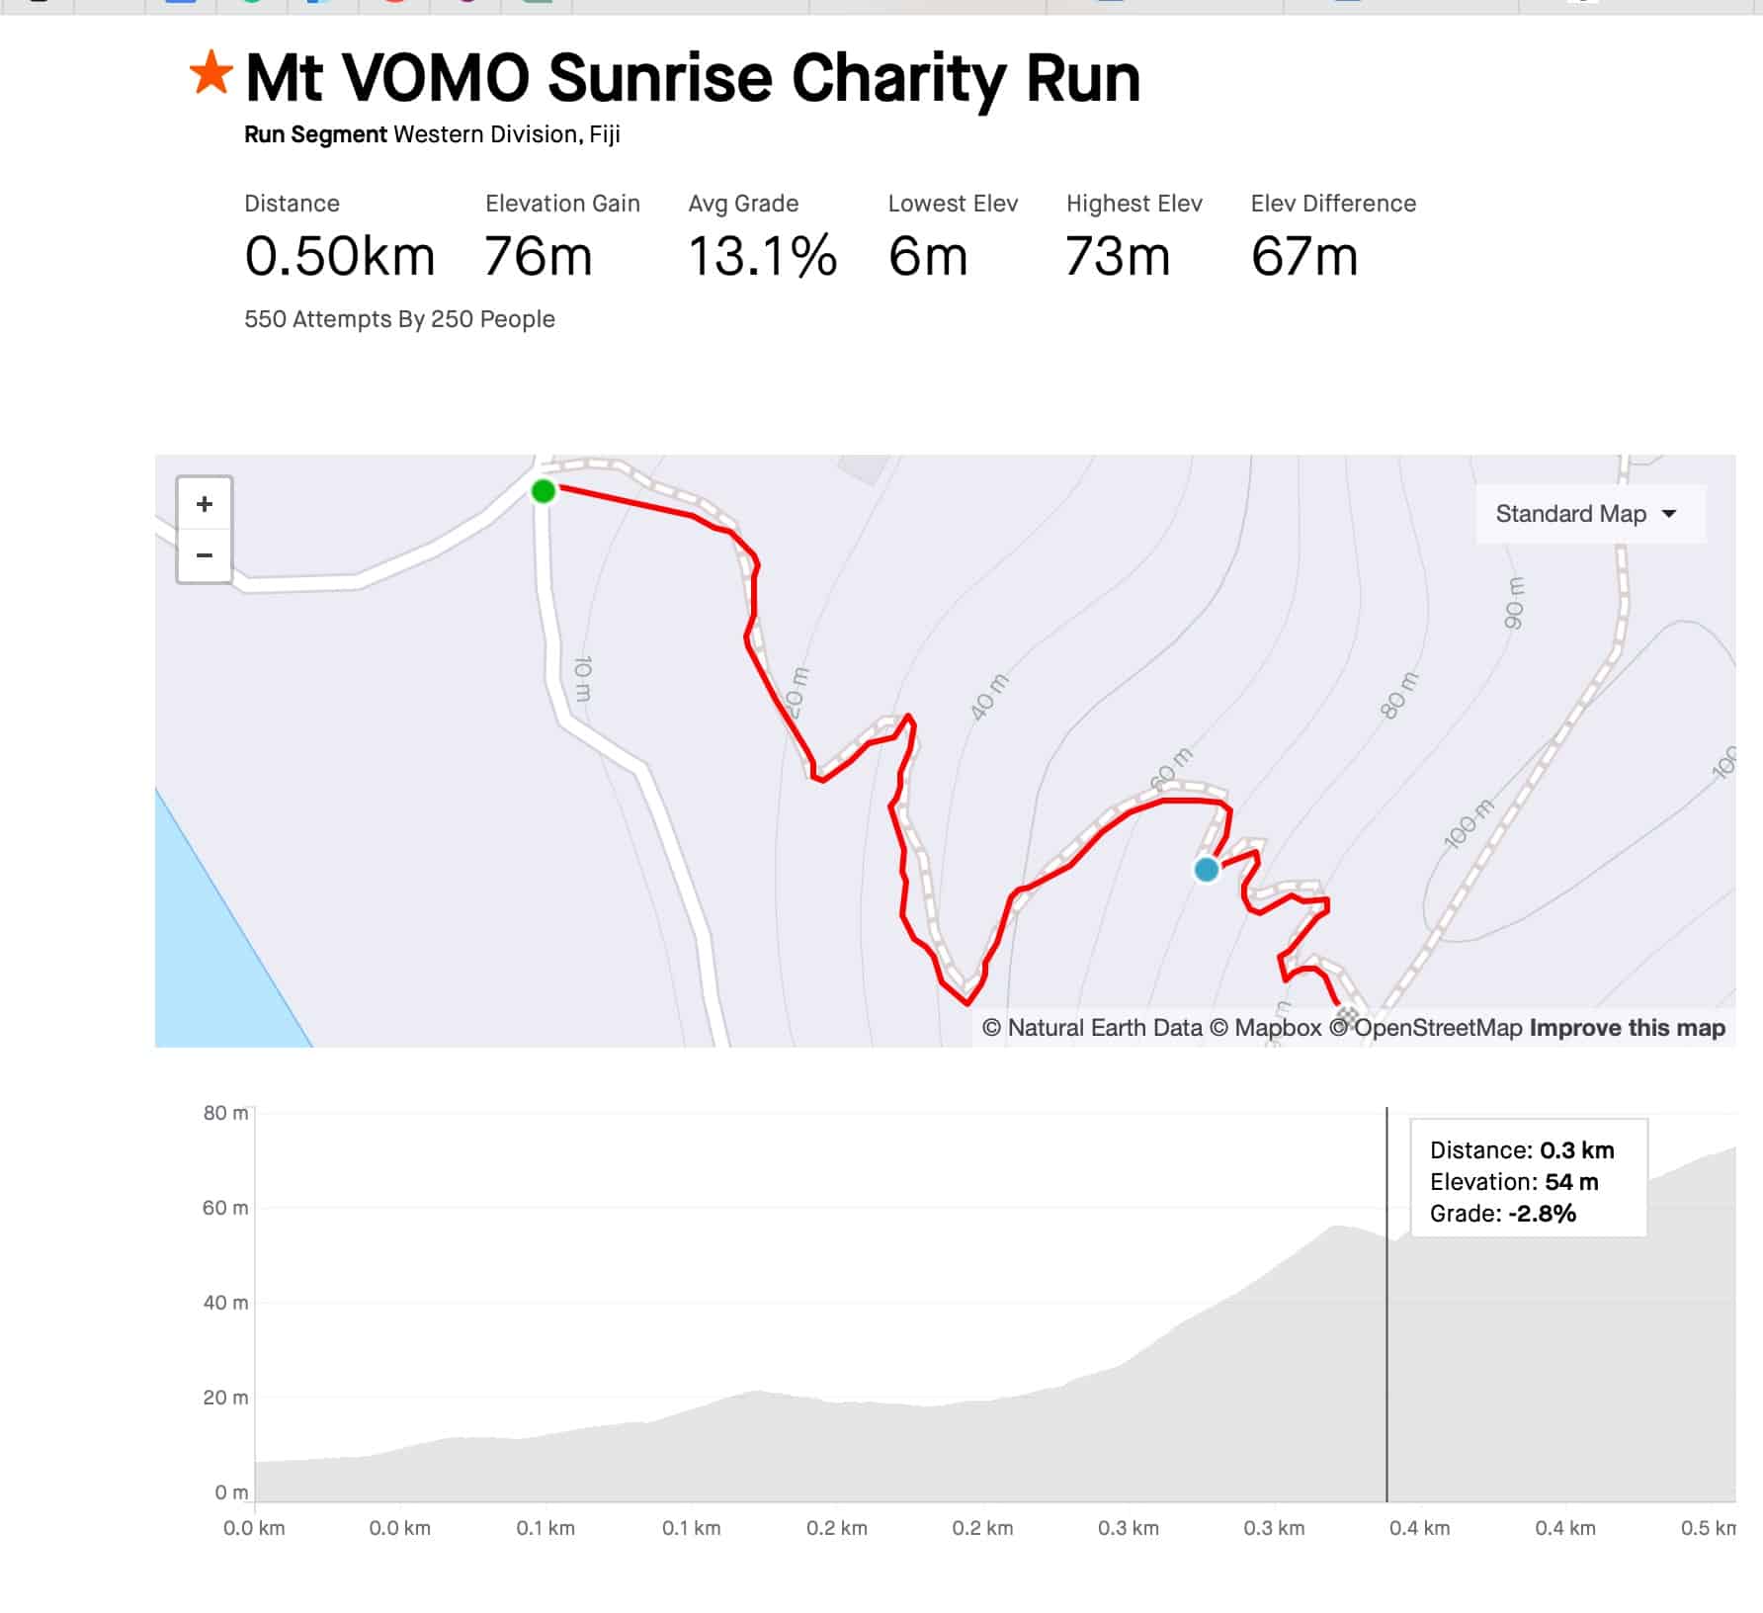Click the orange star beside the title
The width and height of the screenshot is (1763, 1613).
tap(210, 74)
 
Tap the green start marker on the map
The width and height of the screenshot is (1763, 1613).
tap(543, 491)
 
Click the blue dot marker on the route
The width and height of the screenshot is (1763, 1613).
tap(1206, 870)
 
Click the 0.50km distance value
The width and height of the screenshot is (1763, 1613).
tap(339, 257)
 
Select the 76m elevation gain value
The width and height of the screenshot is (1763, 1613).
tap(538, 257)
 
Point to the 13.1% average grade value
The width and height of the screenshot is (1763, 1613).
tap(762, 257)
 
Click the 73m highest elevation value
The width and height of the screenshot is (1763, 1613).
tap(1117, 257)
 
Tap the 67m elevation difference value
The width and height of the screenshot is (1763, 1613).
tap(1303, 257)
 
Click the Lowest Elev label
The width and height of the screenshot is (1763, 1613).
tap(953, 204)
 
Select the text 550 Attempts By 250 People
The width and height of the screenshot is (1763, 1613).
tap(399, 319)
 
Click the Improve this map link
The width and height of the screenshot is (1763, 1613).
tap(1627, 1028)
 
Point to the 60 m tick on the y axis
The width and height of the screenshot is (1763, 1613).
tap(225, 1208)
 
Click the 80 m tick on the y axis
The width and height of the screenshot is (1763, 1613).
tap(225, 1113)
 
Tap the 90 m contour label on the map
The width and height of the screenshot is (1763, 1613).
tap(1513, 603)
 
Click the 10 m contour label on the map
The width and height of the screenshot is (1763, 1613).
tap(583, 678)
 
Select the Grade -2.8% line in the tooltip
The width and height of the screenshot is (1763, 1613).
tap(1502, 1214)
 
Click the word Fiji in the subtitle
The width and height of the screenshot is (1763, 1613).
tap(605, 134)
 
